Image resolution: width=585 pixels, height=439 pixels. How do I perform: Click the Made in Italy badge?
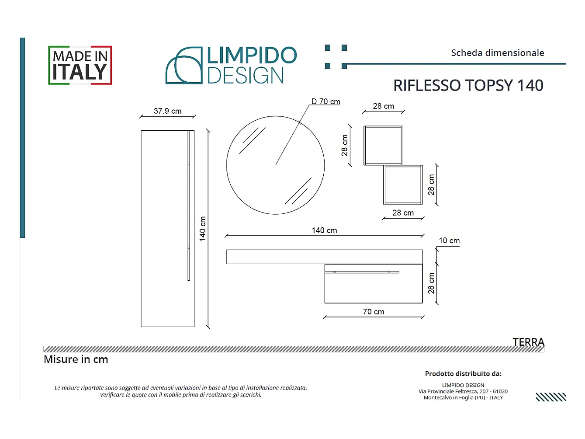click(80, 65)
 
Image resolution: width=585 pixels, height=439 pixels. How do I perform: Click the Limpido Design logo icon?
click(184, 65)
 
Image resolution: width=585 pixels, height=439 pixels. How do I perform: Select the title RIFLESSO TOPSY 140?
click(468, 85)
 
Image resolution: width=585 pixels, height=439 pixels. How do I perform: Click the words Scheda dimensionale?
click(498, 53)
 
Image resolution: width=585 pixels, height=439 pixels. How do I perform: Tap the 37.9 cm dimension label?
click(168, 111)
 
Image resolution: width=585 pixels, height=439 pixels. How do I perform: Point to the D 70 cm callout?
click(325, 101)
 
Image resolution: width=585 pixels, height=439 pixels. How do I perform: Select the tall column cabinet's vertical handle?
click(189, 206)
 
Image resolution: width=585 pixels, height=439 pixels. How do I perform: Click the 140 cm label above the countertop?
click(324, 230)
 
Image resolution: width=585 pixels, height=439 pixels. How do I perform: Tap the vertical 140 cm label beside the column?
click(203, 229)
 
